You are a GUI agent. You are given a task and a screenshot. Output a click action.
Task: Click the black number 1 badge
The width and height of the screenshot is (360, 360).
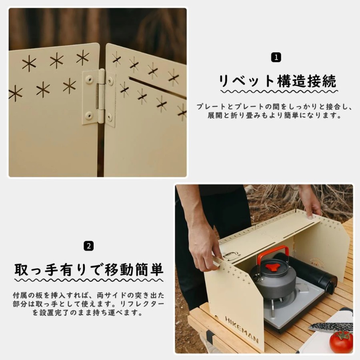click(x=276, y=57)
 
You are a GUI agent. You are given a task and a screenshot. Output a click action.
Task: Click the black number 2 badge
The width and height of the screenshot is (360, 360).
click(x=89, y=246)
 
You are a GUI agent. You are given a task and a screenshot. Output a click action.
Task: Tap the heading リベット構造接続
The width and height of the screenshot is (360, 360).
click(x=278, y=81)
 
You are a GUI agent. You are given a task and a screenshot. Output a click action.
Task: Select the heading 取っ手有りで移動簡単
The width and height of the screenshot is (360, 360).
click(x=89, y=269)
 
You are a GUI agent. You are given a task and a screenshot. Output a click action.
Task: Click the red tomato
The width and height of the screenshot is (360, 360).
click(x=341, y=342)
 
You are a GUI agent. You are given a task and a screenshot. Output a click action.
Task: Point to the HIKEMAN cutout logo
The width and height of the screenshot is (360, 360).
click(x=242, y=329)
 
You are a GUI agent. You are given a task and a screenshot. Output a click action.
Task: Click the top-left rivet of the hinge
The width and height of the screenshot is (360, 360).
click(x=89, y=79)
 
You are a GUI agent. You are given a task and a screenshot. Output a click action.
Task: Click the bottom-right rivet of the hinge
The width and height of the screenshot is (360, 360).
click(x=110, y=117)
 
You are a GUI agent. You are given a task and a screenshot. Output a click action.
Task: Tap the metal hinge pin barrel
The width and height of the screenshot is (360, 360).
click(x=100, y=96)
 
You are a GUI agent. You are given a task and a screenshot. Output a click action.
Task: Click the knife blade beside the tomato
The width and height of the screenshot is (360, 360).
click(x=331, y=327)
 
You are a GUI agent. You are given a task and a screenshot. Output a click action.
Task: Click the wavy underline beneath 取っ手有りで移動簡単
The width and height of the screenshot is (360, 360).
click(x=89, y=280)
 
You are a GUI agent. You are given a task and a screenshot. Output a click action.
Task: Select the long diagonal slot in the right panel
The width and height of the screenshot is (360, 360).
click(x=158, y=88)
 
